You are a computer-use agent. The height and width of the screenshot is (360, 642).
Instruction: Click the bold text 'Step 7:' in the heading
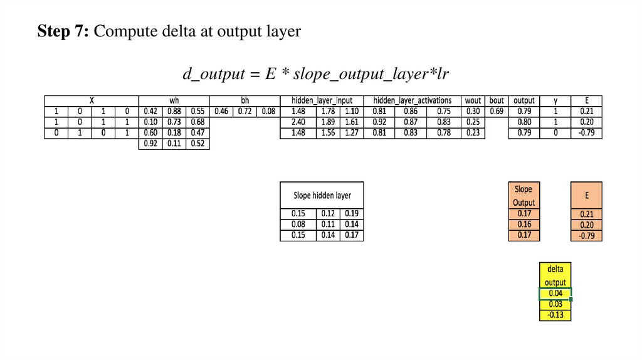tap(63, 31)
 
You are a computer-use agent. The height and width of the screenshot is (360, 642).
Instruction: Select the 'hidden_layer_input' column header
tap(322, 100)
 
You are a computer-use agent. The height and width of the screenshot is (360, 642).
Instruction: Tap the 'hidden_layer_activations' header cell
tap(412, 100)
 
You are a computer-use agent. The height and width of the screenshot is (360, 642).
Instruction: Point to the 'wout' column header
tap(473, 100)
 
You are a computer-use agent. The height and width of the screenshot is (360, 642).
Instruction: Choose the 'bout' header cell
tap(497, 100)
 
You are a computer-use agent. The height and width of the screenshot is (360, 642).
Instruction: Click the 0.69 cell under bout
tap(497, 111)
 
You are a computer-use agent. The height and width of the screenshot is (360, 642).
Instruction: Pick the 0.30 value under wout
tap(473, 111)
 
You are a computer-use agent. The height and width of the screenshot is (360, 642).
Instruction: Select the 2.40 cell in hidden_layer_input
tap(298, 122)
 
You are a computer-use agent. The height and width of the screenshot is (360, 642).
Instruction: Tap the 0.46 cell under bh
tap(221, 111)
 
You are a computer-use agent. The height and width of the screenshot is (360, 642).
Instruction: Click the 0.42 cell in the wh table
tap(150, 111)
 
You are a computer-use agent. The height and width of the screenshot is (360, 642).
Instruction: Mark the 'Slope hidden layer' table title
tap(322, 194)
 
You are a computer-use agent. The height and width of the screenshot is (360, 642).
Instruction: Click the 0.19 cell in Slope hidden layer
tap(352, 213)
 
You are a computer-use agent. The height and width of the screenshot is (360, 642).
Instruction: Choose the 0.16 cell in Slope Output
tap(524, 224)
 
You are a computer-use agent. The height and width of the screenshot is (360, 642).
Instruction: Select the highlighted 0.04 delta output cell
tap(555, 294)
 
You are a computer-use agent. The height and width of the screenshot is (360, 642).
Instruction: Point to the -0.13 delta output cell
tap(555, 315)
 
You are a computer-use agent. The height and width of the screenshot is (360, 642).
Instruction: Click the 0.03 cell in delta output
tap(555, 304)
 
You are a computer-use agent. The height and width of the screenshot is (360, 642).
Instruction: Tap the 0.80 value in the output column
tap(524, 122)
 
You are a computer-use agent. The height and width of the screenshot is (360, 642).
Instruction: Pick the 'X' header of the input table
tap(92, 100)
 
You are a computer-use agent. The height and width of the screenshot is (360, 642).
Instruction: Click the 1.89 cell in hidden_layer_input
tap(328, 122)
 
